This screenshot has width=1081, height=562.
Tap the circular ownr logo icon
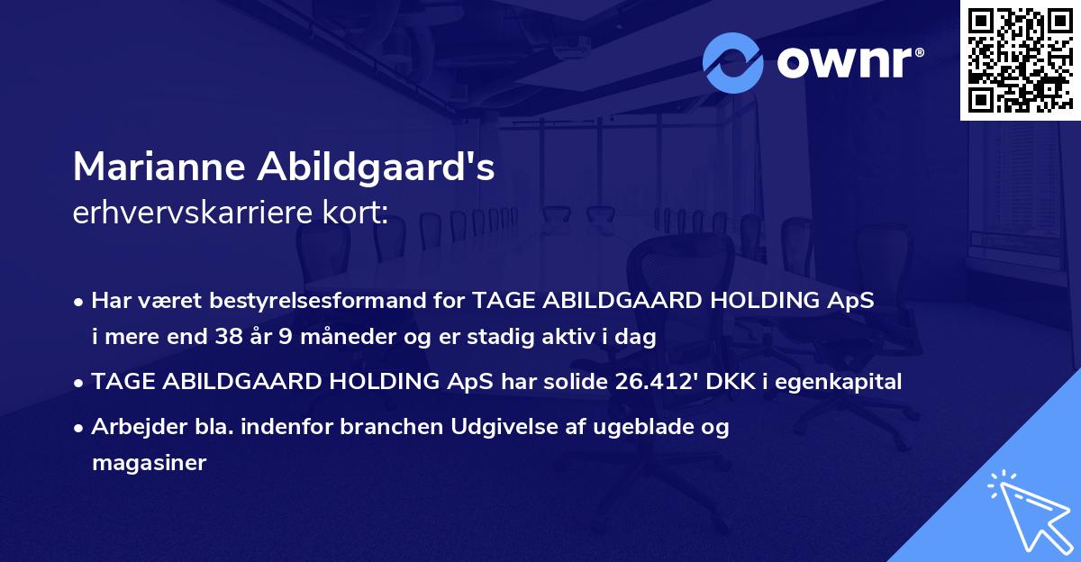(734, 62)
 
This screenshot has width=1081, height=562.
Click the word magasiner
(149, 463)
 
